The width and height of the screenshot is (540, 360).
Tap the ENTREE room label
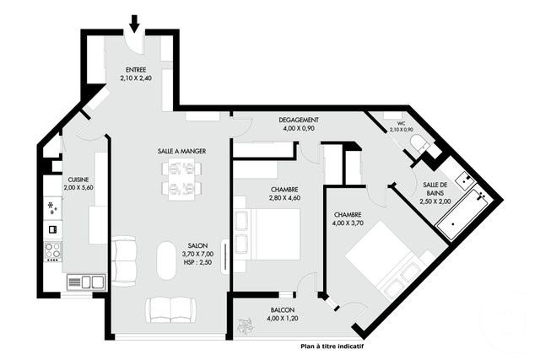pyautogui.click(x=135, y=70)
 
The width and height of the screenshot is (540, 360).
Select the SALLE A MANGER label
pyautogui.click(x=181, y=151)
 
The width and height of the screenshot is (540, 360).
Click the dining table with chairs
pyautogui.click(x=182, y=178)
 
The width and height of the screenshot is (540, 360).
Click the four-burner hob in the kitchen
pyautogui.click(x=52, y=250)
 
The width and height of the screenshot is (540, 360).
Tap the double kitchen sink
pyautogui.click(x=86, y=281)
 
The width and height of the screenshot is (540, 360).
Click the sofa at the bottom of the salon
pyautogui.click(x=172, y=309)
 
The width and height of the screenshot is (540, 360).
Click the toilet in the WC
pyautogui.click(x=418, y=145)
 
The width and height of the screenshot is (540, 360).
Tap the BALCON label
pyautogui.click(x=283, y=310)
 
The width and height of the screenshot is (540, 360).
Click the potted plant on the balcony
pyautogui.click(x=246, y=322)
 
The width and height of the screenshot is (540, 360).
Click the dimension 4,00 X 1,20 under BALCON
pyautogui.click(x=283, y=319)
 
